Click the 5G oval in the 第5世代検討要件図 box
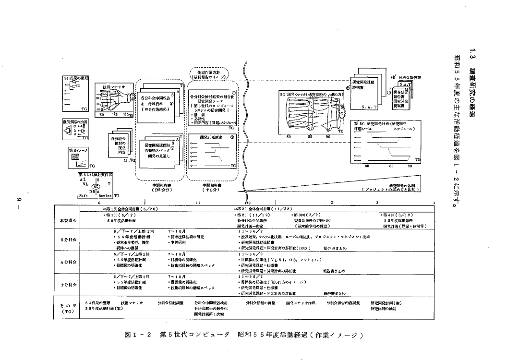click(x=96, y=186)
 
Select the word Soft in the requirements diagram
click(x=83, y=195)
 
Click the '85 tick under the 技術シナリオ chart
click(x=116, y=115)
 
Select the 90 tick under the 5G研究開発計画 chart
click(x=410, y=166)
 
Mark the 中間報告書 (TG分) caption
click(x=212, y=186)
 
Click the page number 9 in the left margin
click(x=15, y=199)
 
